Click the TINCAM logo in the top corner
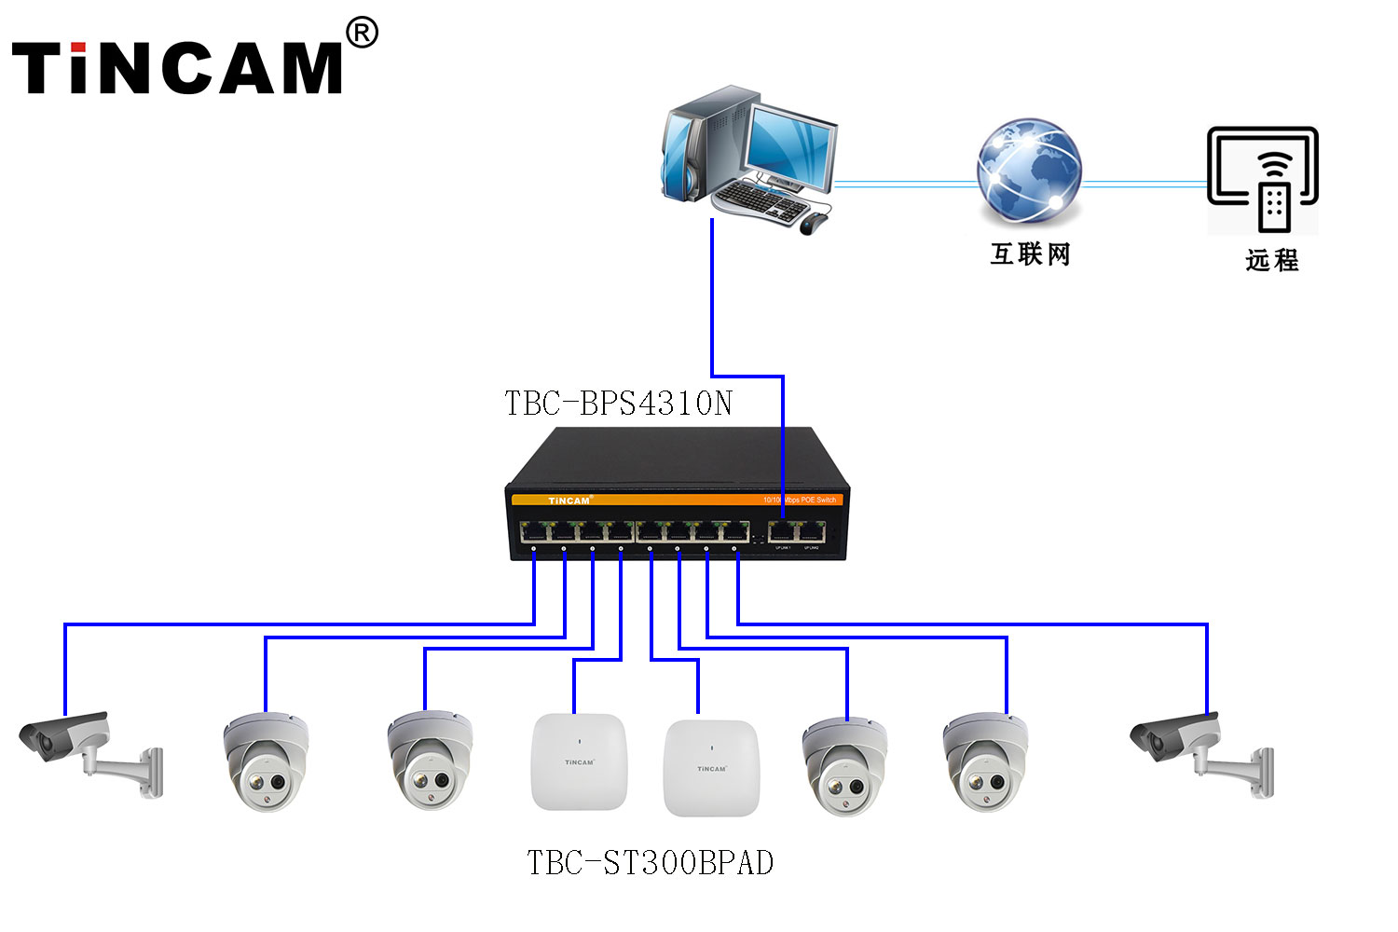(177, 67)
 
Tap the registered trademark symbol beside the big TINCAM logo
(362, 34)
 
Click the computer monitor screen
(788, 144)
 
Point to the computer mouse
(813, 224)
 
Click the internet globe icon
(1029, 170)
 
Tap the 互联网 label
(1030, 254)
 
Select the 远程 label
(1271, 260)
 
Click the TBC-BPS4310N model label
(618, 404)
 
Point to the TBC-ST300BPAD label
(650, 863)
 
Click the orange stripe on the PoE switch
(676, 500)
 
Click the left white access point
(579, 761)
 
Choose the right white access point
(711, 768)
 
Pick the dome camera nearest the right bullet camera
(984, 762)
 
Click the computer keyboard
(760, 199)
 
